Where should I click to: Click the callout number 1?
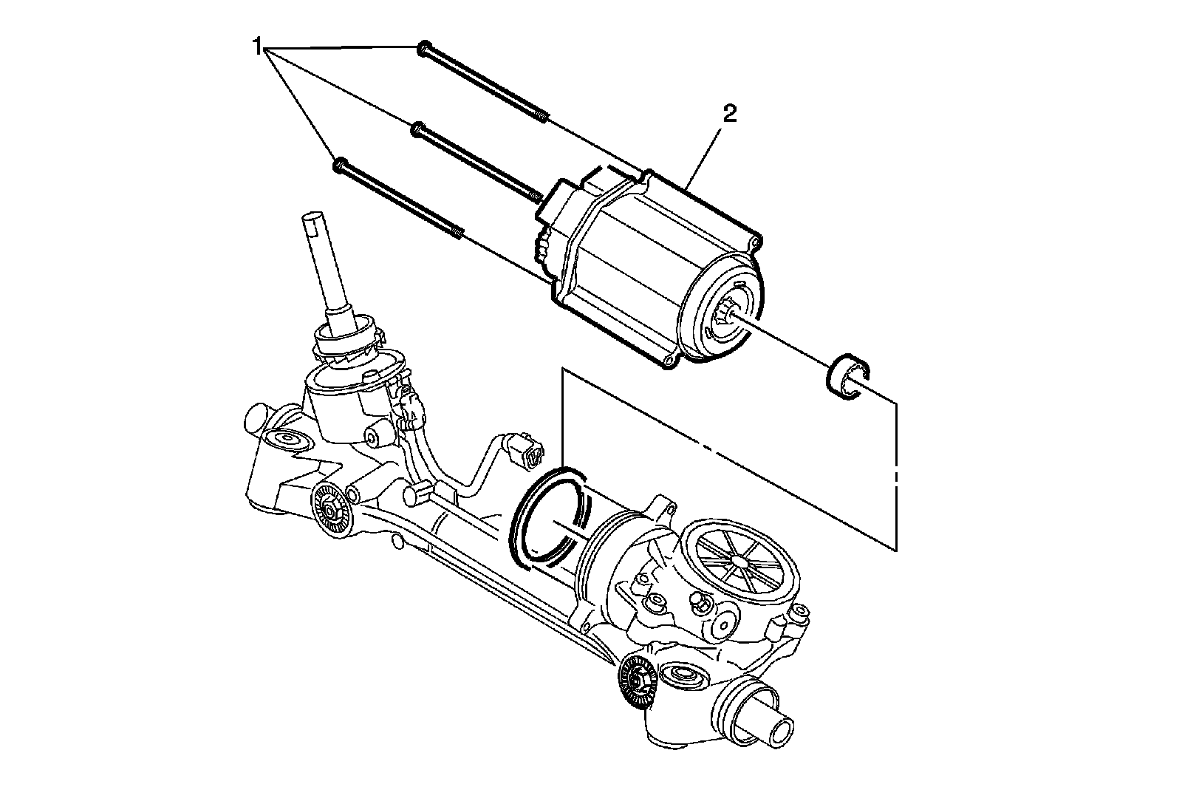click(257, 49)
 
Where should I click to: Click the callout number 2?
click(729, 113)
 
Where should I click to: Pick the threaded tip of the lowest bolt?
click(459, 233)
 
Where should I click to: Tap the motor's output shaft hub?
click(727, 316)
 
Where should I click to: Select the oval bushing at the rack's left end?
click(285, 439)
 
